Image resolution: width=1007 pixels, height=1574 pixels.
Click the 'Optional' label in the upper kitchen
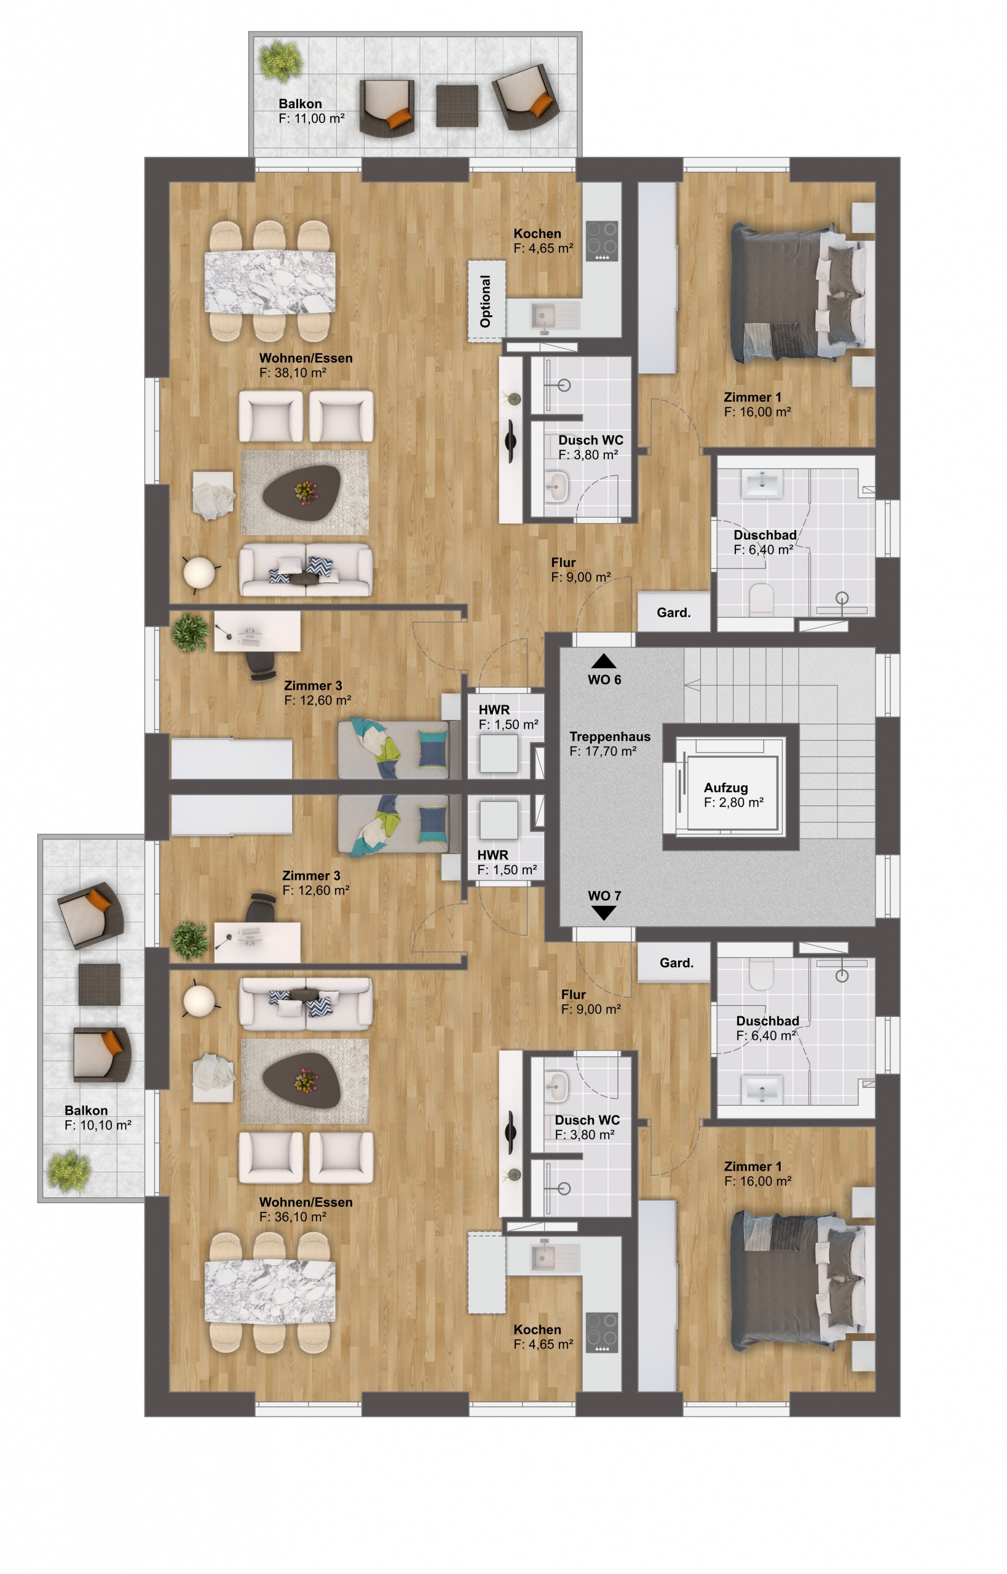pyautogui.click(x=485, y=301)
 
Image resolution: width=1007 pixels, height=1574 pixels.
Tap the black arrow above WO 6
pyautogui.click(x=604, y=661)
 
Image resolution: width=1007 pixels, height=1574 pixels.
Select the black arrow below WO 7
pyautogui.click(x=604, y=913)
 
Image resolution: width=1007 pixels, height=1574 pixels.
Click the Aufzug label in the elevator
pyautogui.click(x=725, y=788)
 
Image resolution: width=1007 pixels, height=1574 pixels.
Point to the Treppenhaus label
pyautogui.click(x=609, y=737)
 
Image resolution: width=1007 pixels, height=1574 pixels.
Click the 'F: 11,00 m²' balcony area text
pyautogui.click(x=311, y=119)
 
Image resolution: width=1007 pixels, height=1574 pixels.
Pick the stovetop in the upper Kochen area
pyautogui.click(x=602, y=241)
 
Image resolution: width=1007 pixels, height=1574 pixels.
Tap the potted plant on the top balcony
pyautogui.click(x=280, y=61)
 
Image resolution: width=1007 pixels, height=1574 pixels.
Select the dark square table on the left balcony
pyautogui.click(x=100, y=984)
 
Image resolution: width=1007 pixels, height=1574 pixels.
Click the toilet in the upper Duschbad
pyautogui.click(x=761, y=599)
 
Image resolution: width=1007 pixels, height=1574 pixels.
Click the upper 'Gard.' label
pyautogui.click(x=674, y=613)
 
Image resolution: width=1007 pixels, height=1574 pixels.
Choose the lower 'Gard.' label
pyautogui.click(x=676, y=963)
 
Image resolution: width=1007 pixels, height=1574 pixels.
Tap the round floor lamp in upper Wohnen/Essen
pyautogui.click(x=199, y=573)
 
